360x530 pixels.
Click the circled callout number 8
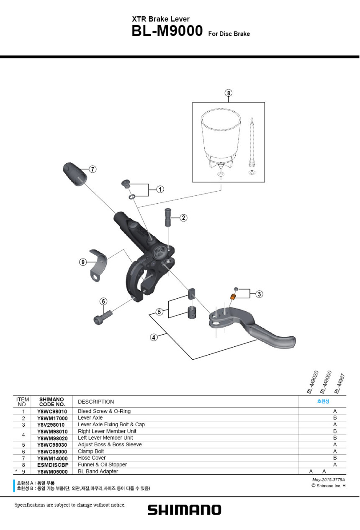[x=228, y=93]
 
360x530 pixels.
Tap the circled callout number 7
[x=93, y=169]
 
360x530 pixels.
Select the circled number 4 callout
[x=154, y=337]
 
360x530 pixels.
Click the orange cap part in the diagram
[x=233, y=296]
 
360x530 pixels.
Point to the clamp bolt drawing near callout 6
[x=103, y=317]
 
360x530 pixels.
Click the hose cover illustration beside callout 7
[x=75, y=174]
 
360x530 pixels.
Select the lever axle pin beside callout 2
[x=168, y=217]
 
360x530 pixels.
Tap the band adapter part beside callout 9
[x=98, y=265]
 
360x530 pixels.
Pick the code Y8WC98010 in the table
[x=52, y=412]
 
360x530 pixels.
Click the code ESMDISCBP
[x=53, y=465]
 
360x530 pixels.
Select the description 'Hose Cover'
[x=92, y=458]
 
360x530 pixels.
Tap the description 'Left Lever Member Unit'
[x=105, y=438]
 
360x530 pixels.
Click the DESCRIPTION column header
[x=96, y=402]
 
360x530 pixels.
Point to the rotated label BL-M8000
[x=326, y=382]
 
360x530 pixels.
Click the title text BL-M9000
[x=167, y=31]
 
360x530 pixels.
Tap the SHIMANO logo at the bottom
[x=185, y=510]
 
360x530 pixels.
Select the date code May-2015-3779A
[x=329, y=480]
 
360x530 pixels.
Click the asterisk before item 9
[x=16, y=471]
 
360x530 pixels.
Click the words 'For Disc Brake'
[x=229, y=34]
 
